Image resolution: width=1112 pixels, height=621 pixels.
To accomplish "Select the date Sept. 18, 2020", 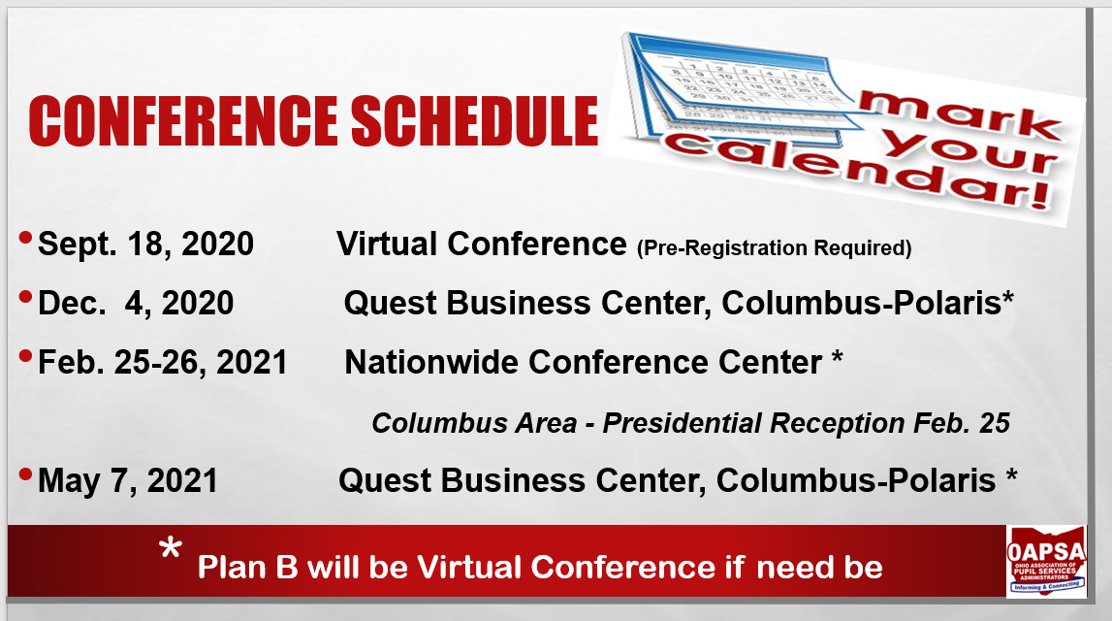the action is (x=145, y=245).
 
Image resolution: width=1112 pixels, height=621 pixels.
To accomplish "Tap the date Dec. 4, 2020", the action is (x=136, y=303).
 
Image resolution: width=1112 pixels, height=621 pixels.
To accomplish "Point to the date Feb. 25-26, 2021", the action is (x=163, y=363).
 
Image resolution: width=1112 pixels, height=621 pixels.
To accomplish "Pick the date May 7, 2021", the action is (x=128, y=481).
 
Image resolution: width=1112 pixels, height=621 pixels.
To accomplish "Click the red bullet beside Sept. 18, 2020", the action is (x=25, y=238).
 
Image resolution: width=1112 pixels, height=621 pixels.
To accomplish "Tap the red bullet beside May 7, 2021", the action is (x=25, y=474).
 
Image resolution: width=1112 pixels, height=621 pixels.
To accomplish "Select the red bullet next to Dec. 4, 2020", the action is (x=25, y=297).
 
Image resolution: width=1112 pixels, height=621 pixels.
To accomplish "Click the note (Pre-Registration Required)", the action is (x=775, y=248).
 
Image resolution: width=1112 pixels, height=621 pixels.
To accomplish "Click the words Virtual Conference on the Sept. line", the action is (x=482, y=245).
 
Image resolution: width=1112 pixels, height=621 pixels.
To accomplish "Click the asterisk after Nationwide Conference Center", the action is (x=837, y=357).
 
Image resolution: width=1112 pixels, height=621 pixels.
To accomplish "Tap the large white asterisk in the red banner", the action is (x=171, y=548).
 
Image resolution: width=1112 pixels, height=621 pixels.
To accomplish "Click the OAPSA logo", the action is (x=1046, y=561).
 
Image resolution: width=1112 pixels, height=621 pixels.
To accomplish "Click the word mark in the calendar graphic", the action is (x=960, y=114).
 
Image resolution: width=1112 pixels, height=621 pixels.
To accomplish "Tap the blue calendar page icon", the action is (x=738, y=88).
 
